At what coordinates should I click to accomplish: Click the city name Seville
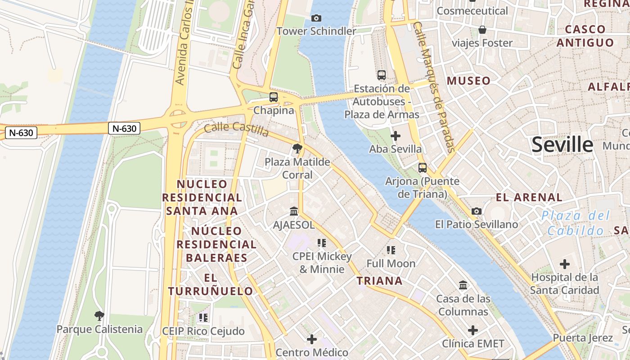point(562,144)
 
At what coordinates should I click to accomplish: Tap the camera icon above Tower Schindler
point(316,18)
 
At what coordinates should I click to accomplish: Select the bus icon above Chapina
point(273,97)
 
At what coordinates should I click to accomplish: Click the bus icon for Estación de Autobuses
point(382,75)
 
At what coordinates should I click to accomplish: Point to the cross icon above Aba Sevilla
point(396,135)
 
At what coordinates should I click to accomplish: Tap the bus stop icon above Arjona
point(423,168)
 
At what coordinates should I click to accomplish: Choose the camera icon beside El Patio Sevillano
point(476,211)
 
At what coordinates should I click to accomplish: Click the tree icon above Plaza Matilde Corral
point(297,148)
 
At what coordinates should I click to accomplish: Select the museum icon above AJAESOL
point(294,211)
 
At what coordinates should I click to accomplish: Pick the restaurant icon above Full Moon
point(391,250)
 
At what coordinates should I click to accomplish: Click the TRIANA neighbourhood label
point(379,281)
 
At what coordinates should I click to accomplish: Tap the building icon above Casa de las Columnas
point(463,285)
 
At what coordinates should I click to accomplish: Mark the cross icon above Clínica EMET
point(472,330)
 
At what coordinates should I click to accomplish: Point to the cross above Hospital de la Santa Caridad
point(564,264)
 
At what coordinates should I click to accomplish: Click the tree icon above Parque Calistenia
point(99,315)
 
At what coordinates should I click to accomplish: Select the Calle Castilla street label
point(236,129)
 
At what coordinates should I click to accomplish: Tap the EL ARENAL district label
point(529,197)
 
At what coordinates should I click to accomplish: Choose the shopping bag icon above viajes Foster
point(482,30)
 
